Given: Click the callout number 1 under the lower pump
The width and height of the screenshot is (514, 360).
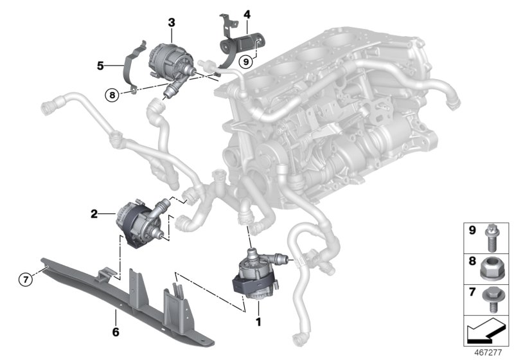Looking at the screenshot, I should [x=259, y=319].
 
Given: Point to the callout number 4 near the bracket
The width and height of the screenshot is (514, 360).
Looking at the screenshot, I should [x=246, y=12].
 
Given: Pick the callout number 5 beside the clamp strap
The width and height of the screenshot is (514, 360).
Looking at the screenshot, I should [x=100, y=65].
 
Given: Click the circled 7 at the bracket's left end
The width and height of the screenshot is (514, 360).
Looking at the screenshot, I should [x=24, y=279].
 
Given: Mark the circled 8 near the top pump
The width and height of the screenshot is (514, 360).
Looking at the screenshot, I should [x=112, y=94].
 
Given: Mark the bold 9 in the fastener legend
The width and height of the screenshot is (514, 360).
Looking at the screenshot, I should [x=470, y=229].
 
